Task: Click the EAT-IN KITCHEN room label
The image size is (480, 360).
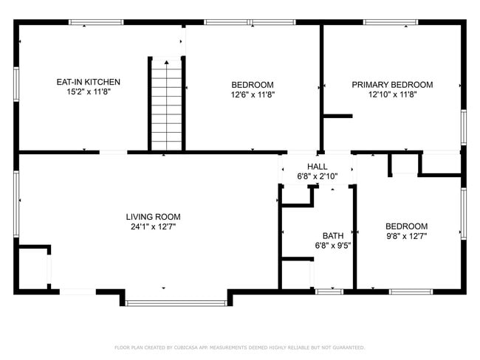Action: point(89,82)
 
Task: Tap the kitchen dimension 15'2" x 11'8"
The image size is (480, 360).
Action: point(89,94)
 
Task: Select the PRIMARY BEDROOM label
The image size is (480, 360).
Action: point(391,85)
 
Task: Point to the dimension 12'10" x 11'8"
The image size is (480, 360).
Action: point(391,94)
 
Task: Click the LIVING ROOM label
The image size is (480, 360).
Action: point(153,217)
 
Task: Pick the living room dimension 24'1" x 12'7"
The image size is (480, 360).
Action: point(153,227)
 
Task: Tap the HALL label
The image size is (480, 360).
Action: point(317,167)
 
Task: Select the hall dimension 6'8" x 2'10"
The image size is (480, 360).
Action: point(317,176)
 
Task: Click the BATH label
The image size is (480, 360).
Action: point(333,236)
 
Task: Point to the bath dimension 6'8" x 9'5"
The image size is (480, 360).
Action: point(333,246)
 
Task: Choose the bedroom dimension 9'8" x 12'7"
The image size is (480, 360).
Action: point(406,236)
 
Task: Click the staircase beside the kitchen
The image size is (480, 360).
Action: point(167,103)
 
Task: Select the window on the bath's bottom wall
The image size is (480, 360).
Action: point(329,292)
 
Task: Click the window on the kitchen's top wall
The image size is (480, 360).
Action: point(96,22)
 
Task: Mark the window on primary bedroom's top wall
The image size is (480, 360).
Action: point(390,22)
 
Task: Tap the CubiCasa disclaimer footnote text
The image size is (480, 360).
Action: point(239,347)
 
